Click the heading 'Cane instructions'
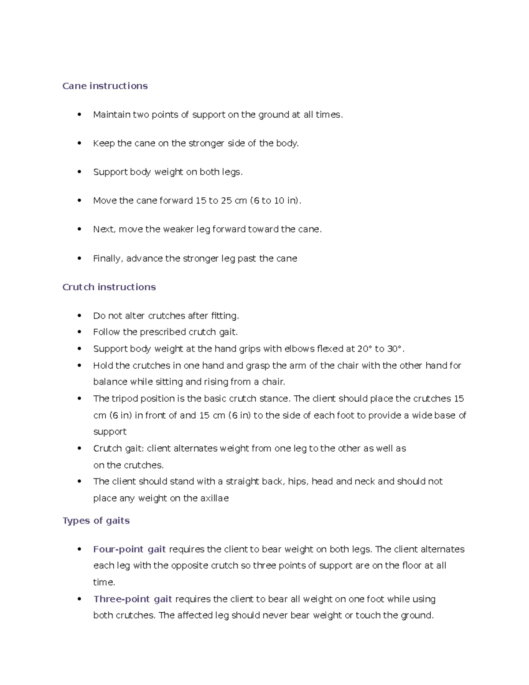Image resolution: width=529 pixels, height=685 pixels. (105, 86)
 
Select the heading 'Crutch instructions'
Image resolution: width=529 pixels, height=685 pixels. (109, 287)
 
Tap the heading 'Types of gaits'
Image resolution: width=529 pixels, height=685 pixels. (96, 520)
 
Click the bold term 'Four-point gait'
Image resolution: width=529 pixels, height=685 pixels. (129, 549)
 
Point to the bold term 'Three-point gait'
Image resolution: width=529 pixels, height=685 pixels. (132, 599)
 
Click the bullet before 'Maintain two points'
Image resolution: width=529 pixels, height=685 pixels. (79, 115)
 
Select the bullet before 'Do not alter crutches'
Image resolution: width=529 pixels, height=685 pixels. (79, 316)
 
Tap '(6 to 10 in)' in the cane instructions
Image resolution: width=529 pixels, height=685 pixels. (275, 201)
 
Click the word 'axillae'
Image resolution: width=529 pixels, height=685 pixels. (214, 498)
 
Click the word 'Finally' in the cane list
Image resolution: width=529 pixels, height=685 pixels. (108, 258)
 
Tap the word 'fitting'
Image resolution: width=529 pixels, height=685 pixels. (224, 316)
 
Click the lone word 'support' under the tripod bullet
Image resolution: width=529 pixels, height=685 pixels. (110, 432)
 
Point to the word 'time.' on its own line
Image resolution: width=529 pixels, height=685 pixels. (104, 582)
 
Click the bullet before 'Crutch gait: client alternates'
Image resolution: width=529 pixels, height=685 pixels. (79, 449)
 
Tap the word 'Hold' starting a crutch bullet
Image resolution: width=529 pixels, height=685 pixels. (103, 366)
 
